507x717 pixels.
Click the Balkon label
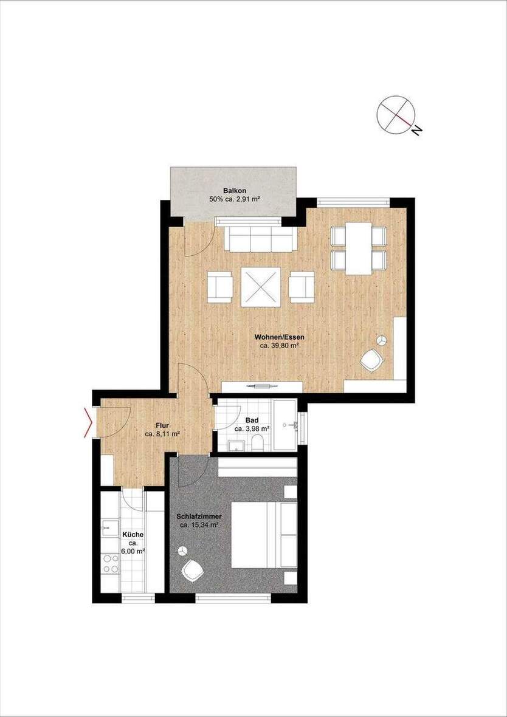233,191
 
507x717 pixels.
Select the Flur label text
161,426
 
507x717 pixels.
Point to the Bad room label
252,420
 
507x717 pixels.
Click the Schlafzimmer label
199,516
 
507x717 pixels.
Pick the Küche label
133,535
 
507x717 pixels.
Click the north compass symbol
395,114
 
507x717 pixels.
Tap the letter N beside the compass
416,129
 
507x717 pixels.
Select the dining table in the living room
359,248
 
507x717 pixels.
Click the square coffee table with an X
261,287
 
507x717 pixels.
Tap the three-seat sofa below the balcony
261,238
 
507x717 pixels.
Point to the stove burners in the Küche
111,563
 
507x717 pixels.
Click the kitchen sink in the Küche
110,526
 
